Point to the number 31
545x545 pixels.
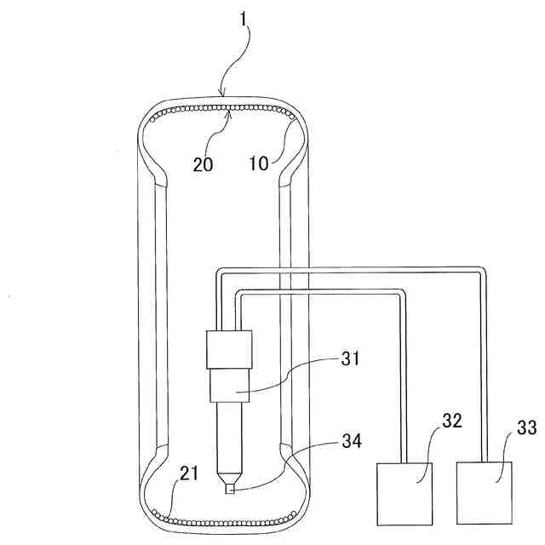(x=350, y=359)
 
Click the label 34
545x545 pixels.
(x=352, y=440)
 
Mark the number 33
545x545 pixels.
(x=526, y=427)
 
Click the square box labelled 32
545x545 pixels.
(x=404, y=493)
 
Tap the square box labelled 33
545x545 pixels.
(x=485, y=493)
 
